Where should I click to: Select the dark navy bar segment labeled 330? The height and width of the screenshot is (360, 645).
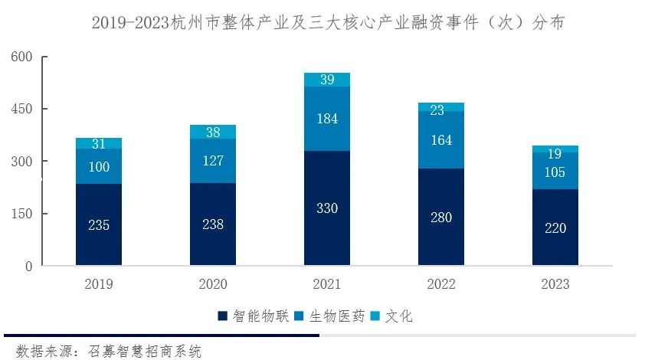[x=327, y=208]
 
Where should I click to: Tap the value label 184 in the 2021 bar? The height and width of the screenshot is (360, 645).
[x=327, y=119]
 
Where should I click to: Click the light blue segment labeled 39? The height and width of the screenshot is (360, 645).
[x=327, y=80]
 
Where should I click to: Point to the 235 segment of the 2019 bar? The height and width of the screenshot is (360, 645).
[x=99, y=225]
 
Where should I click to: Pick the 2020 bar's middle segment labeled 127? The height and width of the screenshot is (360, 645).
[x=213, y=161]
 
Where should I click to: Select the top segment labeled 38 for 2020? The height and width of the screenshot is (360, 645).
[x=213, y=132]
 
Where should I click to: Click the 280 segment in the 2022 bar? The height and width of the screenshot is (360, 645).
[x=441, y=218]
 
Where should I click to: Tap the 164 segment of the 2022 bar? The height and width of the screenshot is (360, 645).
[x=441, y=140]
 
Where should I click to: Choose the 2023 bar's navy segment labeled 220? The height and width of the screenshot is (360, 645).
[x=555, y=227]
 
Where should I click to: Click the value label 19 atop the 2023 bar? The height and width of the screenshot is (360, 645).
[x=555, y=152]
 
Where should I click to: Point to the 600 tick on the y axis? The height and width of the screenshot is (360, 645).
[x=22, y=57]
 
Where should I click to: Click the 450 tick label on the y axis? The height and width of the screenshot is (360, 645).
[x=22, y=110]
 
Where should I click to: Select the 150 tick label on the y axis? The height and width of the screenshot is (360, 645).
[x=22, y=214]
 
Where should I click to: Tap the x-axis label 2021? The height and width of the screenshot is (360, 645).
[x=327, y=284]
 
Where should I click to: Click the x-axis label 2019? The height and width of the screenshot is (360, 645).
[x=99, y=284]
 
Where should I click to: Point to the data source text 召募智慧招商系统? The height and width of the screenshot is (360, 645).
[x=146, y=352]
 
